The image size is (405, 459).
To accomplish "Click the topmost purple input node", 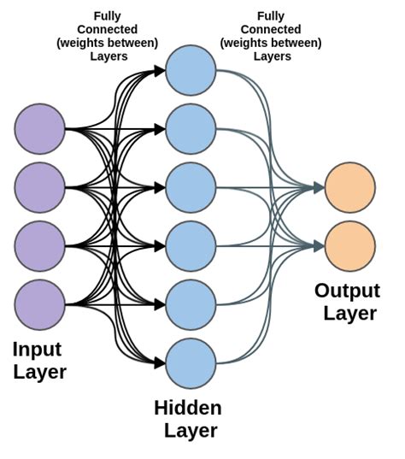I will pyautogui.click(x=39, y=129).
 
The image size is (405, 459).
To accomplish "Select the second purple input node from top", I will pyautogui.click(x=39, y=187).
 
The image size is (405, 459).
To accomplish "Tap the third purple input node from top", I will pyautogui.click(x=39, y=245).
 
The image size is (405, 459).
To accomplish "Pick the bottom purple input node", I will pyautogui.click(x=39, y=303).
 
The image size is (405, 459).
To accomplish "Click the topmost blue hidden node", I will pyautogui.click(x=191, y=70).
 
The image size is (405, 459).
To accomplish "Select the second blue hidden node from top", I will pyautogui.click(x=191, y=129).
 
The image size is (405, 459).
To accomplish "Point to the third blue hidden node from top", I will pyautogui.click(x=191, y=187).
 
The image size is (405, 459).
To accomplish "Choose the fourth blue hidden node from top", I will pyautogui.click(x=191, y=245).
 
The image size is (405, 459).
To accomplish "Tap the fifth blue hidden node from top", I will pyautogui.click(x=191, y=303).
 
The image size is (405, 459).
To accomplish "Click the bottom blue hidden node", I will pyautogui.click(x=191, y=362).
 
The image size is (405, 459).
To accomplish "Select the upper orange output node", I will pyautogui.click(x=350, y=187).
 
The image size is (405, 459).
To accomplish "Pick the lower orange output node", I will pyautogui.click(x=350, y=245).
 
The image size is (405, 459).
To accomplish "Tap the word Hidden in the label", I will pyautogui.click(x=188, y=408).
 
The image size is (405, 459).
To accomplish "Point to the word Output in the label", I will pyautogui.click(x=347, y=291).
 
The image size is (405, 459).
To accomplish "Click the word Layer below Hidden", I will pyautogui.click(x=188, y=431).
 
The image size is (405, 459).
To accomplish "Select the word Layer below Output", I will pyautogui.click(x=349, y=314).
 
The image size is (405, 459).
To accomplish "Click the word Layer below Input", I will pyautogui.click(x=39, y=372).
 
